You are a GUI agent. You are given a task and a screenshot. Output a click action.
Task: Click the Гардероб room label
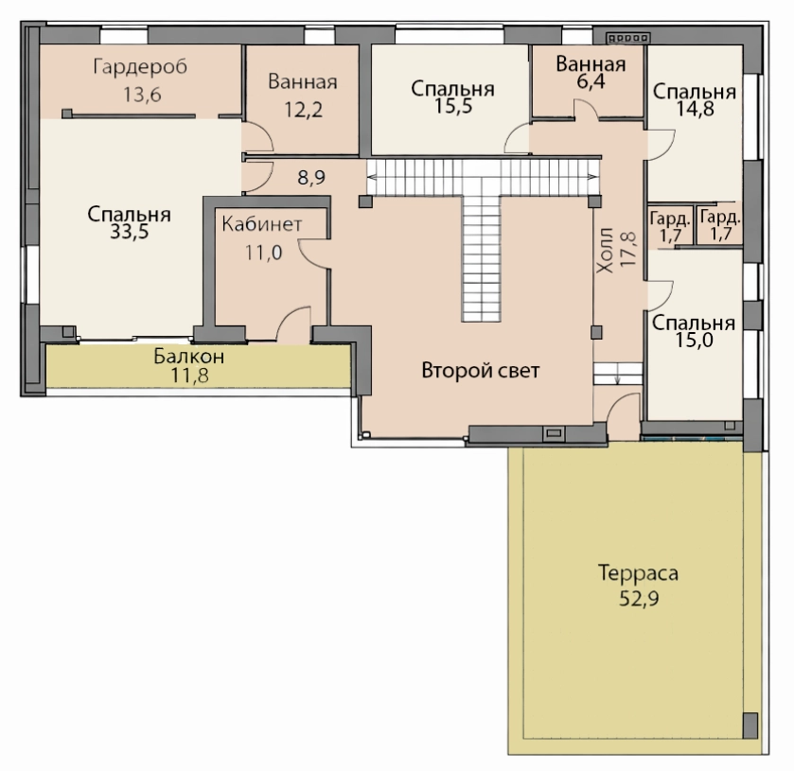click(140, 67)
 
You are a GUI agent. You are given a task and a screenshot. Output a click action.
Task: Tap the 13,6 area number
click(142, 95)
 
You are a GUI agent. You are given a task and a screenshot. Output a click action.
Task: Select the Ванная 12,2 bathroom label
click(303, 96)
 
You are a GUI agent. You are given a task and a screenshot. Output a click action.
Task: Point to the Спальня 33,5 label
click(129, 222)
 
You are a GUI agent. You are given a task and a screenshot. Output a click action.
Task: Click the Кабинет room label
click(262, 224)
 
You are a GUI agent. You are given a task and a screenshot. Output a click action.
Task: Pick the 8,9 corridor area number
click(311, 178)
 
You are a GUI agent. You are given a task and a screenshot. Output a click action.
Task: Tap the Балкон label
click(189, 357)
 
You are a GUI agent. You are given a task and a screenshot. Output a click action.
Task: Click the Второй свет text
click(481, 371)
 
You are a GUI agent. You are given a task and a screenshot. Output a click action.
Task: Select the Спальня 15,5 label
click(452, 97)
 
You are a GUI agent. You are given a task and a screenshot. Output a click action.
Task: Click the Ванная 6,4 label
click(591, 73)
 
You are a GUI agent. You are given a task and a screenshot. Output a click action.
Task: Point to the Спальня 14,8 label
click(695, 99)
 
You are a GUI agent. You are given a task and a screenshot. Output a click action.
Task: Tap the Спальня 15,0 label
click(694, 332)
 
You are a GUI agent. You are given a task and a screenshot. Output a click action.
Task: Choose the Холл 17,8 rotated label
click(615, 250)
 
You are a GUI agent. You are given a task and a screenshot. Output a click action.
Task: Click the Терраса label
click(639, 573)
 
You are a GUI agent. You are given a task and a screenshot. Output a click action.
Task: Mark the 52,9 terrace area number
click(639, 600)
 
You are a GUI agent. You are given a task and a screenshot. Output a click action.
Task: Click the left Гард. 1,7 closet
click(670, 226)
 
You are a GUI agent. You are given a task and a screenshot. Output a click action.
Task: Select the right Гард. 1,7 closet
click(720, 226)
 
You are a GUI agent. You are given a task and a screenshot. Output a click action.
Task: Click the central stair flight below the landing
click(481, 258)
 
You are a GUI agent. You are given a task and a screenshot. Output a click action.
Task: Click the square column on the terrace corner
click(750, 725)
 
